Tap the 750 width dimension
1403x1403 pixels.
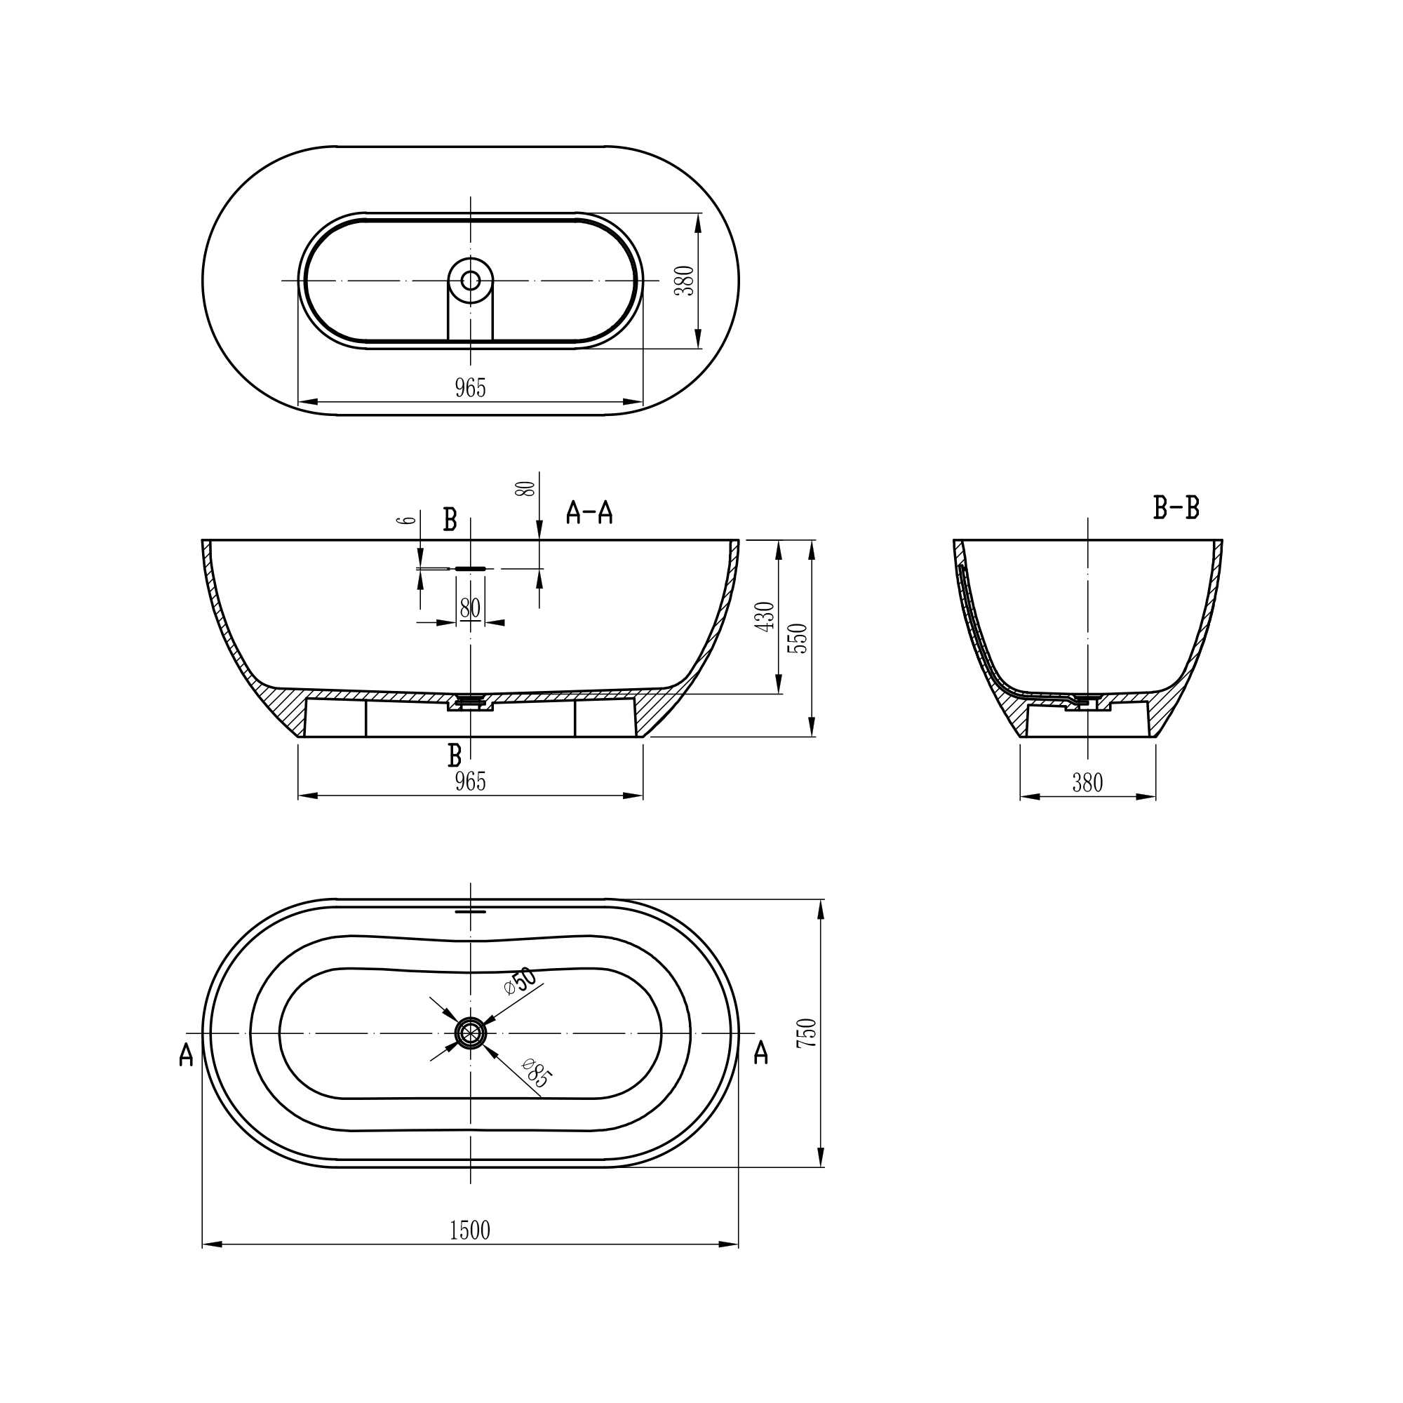[807, 1033]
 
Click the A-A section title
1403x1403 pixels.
[589, 513]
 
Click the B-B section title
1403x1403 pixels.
[1176, 509]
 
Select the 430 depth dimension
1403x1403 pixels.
[765, 617]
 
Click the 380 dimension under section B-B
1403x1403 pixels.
[1087, 783]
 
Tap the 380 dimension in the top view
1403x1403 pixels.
[685, 281]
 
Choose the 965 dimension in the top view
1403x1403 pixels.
[470, 389]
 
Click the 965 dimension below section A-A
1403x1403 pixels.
[470, 782]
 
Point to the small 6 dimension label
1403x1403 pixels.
[409, 520]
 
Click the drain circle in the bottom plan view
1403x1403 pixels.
[471, 1033]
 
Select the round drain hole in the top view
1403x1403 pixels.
[471, 281]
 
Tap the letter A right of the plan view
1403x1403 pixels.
[760, 1052]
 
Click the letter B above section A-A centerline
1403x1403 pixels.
[450, 520]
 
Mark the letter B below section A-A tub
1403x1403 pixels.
[455, 756]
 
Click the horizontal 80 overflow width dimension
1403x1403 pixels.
[470, 608]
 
